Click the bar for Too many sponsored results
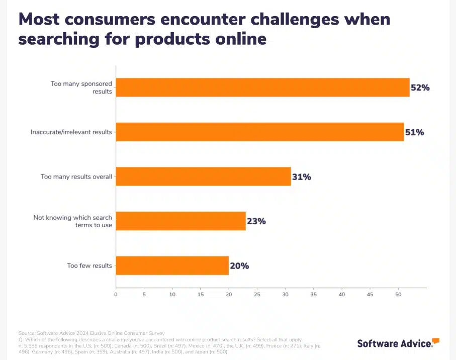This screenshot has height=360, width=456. [x=262, y=87]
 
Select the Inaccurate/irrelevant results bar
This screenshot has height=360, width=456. [x=260, y=132]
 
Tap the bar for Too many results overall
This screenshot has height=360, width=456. [x=203, y=176]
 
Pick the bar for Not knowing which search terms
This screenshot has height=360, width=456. [x=180, y=221]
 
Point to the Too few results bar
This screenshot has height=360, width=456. [x=172, y=265]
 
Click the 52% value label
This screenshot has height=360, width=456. [x=420, y=87]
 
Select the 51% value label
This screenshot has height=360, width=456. [x=414, y=132]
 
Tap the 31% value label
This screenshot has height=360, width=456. [x=301, y=177]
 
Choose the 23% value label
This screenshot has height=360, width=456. [x=256, y=221]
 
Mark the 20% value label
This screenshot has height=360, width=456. [x=239, y=265]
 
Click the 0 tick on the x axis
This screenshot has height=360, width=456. [x=116, y=294]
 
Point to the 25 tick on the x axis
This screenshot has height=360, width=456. [x=257, y=294]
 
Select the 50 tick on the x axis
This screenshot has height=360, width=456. [x=398, y=294]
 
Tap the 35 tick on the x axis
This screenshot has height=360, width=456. [x=313, y=294]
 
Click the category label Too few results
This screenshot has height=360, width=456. [x=89, y=265]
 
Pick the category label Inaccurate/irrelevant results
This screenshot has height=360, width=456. [x=71, y=133]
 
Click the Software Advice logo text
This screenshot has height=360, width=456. [x=394, y=344]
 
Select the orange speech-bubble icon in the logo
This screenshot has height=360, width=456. [x=435, y=341]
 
